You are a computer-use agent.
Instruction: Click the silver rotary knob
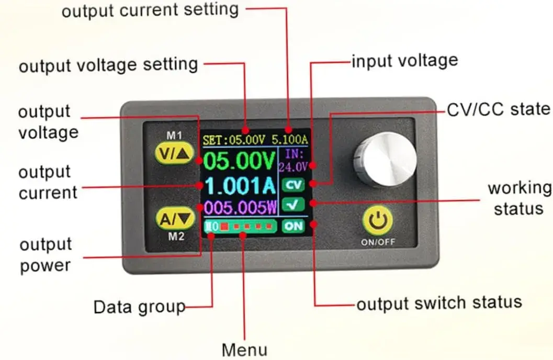[384, 159]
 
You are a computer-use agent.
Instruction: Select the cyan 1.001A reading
[239, 186]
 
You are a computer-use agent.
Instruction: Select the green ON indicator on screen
[293, 226]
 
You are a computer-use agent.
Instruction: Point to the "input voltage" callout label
[404, 61]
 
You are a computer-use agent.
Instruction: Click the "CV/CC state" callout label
[498, 109]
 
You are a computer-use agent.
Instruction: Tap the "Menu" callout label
[244, 349]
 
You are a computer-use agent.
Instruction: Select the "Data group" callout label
[139, 307]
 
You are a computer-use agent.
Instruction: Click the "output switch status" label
[439, 302]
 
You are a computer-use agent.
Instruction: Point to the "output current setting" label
[150, 10]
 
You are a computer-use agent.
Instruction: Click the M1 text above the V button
[174, 135]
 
